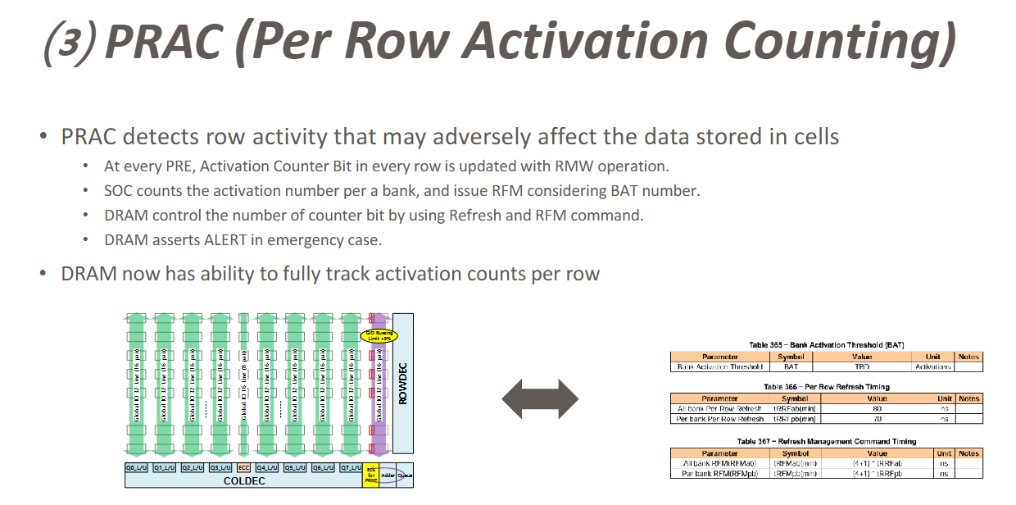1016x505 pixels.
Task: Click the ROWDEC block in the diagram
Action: pos(402,384)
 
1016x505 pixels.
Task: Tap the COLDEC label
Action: pos(245,481)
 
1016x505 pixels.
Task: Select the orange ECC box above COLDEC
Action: pos(243,468)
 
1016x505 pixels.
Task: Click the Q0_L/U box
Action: pos(136,468)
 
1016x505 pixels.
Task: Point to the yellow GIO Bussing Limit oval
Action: pos(379,334)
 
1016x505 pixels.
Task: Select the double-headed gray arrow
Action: pos(540,399)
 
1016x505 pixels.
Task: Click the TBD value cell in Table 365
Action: pos(861,367)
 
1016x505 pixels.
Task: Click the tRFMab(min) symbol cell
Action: pos(795,463)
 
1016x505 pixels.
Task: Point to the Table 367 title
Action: pos(826,441)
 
